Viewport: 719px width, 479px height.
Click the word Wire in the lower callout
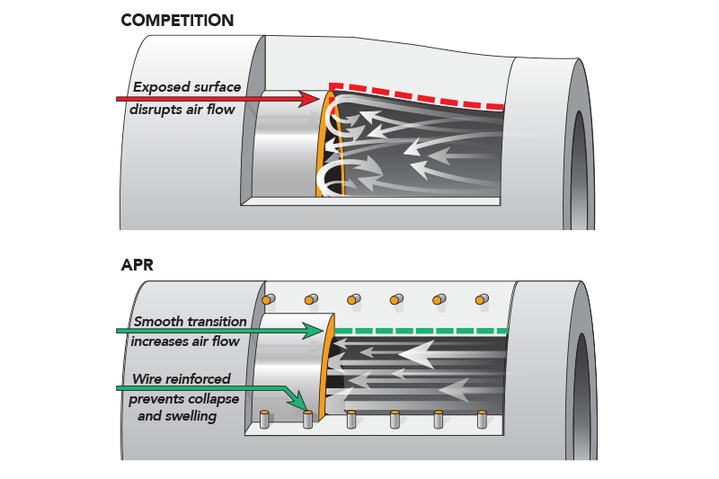(x=148, y=379)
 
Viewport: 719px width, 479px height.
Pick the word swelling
(x=188, y=416)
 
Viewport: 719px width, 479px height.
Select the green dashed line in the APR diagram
(x=422, y=332)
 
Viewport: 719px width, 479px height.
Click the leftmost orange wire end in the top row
(x=266, y=298)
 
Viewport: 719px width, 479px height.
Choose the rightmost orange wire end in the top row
(x=482, y=298)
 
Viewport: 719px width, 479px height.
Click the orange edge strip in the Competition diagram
(x=324, y=144)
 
